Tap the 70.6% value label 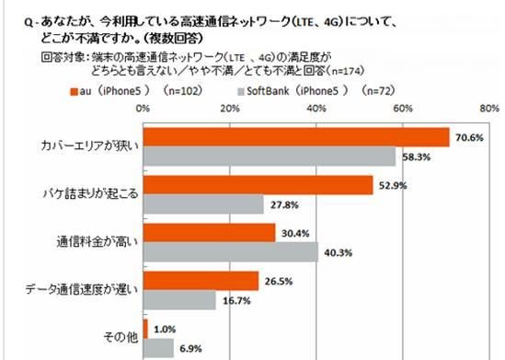point(467,138)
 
